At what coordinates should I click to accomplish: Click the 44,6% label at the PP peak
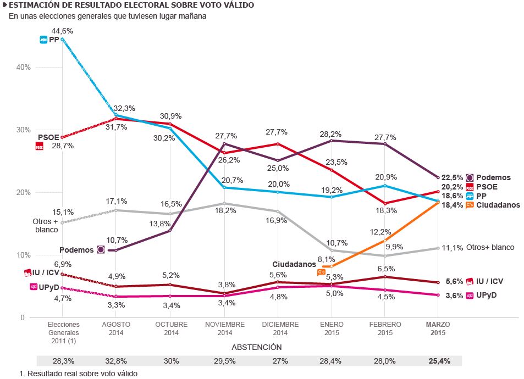click(62, 31)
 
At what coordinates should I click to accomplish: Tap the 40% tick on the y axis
click(24, 67)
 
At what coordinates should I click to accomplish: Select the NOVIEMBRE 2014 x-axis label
click(224, 328)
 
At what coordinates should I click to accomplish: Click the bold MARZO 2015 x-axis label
click(438, 328)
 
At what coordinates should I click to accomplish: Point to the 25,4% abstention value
click(439, 361)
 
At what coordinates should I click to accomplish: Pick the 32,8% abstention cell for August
click(116, 361)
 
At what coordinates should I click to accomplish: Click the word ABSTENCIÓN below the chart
click(256, 347)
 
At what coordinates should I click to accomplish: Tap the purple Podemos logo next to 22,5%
click(470, 177)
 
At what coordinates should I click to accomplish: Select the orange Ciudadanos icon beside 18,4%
click(470, 205)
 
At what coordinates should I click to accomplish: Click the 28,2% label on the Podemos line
click(330, 133)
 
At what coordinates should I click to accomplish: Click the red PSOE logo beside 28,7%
click(39, 146)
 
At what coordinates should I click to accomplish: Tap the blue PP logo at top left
click(43, 40)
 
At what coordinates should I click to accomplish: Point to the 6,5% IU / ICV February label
click(385, 269)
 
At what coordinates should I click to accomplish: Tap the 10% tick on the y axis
click(24, 255)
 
